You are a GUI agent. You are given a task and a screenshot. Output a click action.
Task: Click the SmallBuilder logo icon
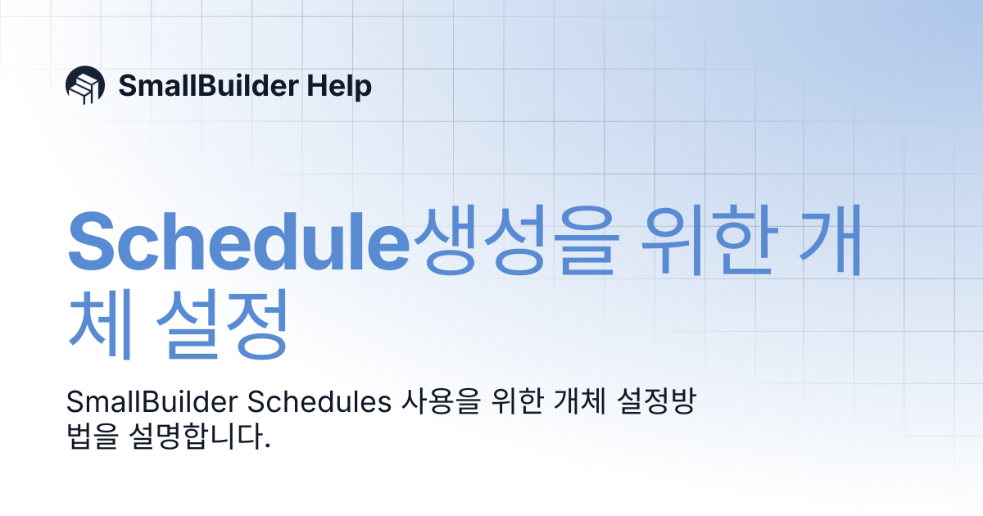84,85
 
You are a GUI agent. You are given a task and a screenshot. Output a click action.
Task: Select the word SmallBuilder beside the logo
206,86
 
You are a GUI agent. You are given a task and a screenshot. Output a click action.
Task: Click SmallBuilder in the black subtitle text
151,403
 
